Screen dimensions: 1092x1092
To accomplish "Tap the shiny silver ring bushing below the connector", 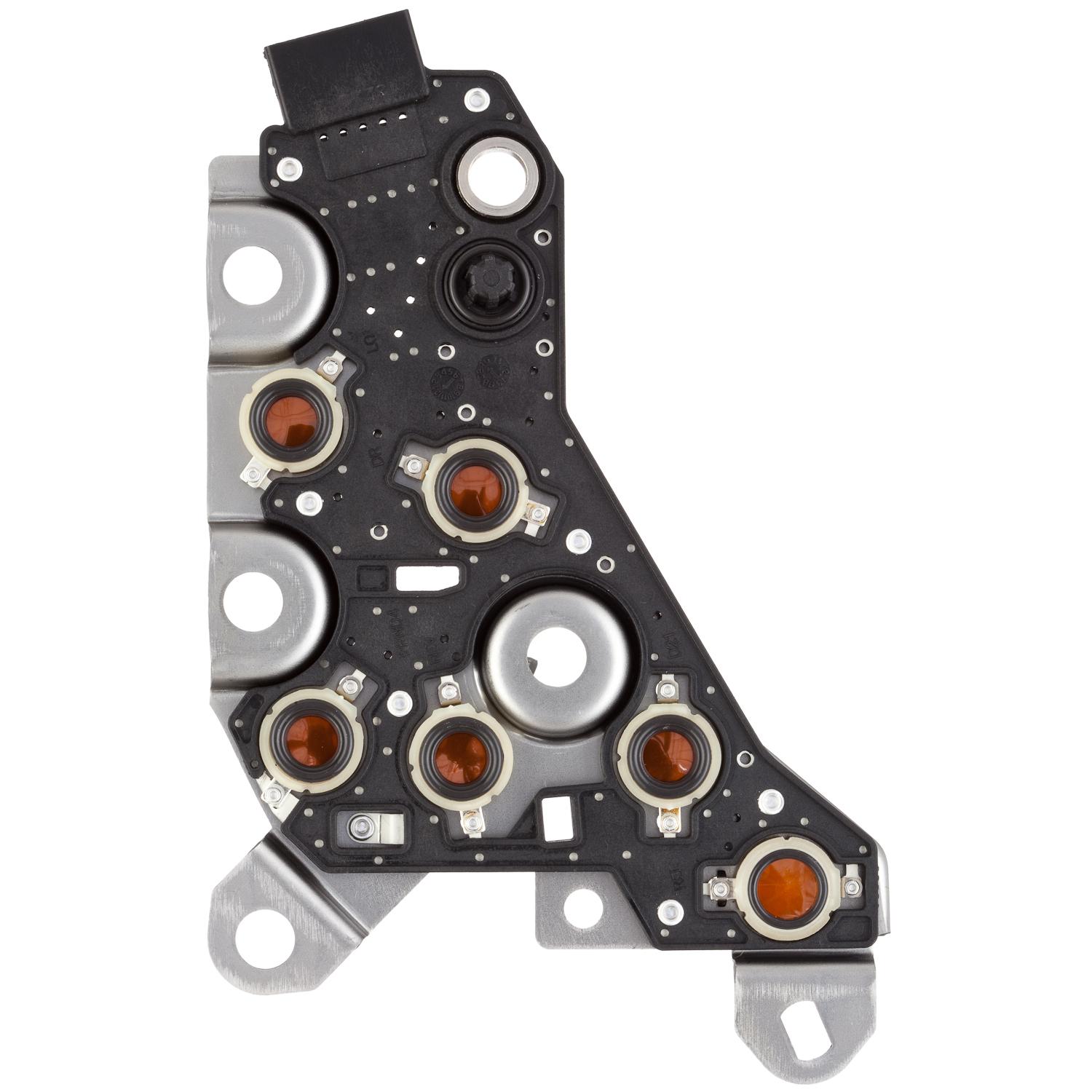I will click(x=499, y=175).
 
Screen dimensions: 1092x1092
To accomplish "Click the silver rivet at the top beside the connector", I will click(x=476, y=98).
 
